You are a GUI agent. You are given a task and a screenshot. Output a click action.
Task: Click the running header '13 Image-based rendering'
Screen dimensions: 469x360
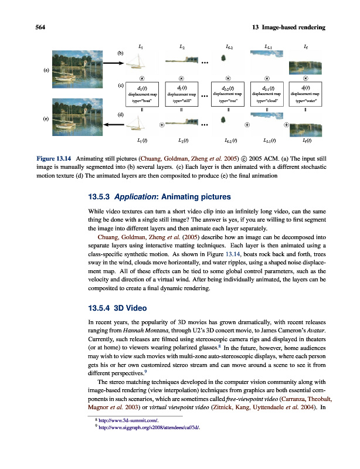(x=288, y=28)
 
